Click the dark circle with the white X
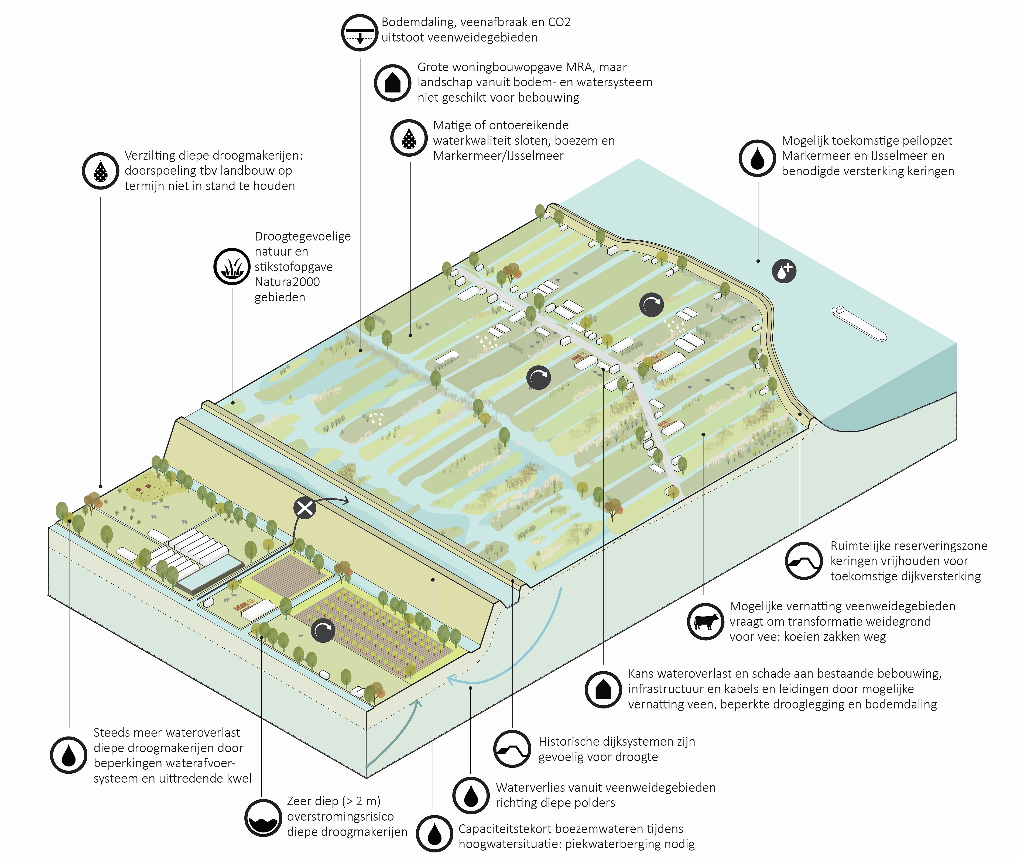pos(305,508)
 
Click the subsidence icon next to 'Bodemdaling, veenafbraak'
pos(359,33)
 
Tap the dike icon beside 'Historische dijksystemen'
pos(512,749)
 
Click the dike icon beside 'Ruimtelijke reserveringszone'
pos(804,561)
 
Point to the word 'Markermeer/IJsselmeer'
pos(498,156)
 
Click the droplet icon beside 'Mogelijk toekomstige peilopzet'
pos(757,158)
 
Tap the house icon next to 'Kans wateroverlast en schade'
pos(603,689)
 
